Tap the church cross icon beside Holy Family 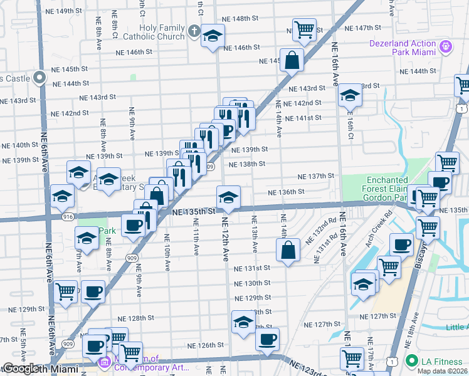[194, 30]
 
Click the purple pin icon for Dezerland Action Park [446, 46]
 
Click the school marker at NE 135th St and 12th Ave [229, 197]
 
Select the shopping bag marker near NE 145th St [292, 60]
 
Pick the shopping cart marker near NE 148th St [304, 29]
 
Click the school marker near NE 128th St [243, 322]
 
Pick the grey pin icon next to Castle [40, 78]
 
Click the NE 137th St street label [315, 177]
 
